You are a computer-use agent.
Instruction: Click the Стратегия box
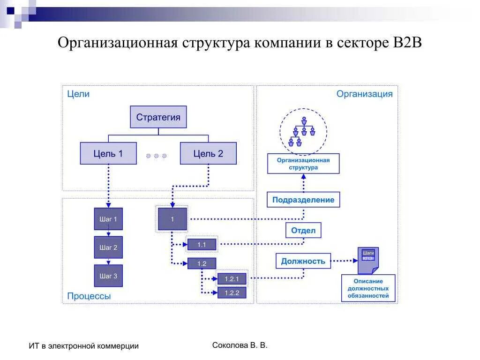click(x=158, y=117)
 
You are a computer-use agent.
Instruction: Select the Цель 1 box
click(x=108, y=153)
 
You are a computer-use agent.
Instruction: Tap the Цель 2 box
click(x=208, y=153)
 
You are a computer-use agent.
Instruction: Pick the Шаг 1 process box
click(x=108, y=219)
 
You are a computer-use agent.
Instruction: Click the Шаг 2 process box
click(x=108, y=247)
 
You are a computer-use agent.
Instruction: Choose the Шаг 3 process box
click(x=108, y=276)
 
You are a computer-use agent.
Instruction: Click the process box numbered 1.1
click(x=202, y=245)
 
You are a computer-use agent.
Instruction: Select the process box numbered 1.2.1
click(x=232, y=279)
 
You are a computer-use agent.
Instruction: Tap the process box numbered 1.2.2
click(x=232, y=293)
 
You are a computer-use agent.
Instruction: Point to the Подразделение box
click(x=303, y=200)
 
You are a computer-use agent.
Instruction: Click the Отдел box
click(x=303, y=230)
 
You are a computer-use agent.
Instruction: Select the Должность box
click(x=303, y=261)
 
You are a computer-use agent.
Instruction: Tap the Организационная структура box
click(x=303, y=164)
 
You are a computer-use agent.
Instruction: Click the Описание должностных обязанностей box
click(x=368, y=288)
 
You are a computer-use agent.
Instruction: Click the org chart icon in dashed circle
click(x=303, y=131)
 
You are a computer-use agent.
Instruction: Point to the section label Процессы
click(x=89, y=296)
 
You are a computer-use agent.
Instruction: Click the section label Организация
click(x=364, y=94)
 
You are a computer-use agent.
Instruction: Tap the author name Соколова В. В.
click(x=240, y=345)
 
